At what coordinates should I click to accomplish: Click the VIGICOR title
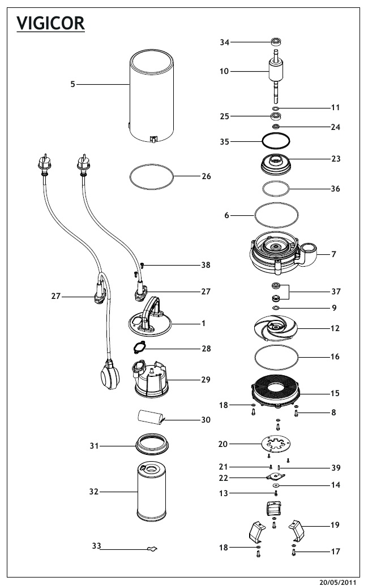pos(51,24)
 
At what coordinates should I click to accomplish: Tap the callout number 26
pos(206,176)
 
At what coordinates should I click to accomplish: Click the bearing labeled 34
pos(276,42)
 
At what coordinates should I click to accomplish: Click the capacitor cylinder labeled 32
pos(153,492)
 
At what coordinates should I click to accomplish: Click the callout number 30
pos(206,420)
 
